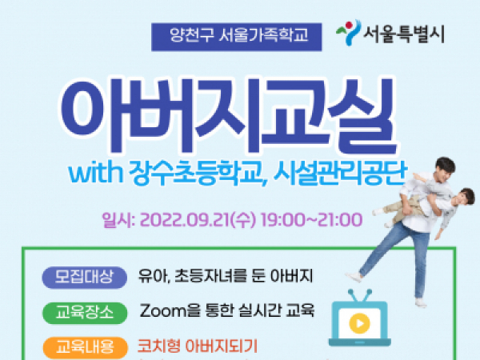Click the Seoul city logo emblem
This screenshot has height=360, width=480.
(348, 33)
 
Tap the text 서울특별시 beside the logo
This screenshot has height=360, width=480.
(404, 34)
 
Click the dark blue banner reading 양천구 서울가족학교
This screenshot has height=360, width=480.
(236, 37)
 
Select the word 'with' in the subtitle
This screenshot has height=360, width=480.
(95, 174)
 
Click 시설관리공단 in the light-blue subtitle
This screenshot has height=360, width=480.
(340, 174)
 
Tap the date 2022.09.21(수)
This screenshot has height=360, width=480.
(198, 220)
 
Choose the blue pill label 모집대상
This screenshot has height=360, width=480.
(84, 278)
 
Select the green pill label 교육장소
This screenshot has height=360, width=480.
(85, 313)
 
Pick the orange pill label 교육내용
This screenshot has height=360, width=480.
(85, 348)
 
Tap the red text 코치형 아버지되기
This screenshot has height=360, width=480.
(198, 346)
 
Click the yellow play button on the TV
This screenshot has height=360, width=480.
(359, 323)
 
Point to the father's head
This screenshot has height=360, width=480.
(443, 170)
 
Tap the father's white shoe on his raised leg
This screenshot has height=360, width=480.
(354, 277)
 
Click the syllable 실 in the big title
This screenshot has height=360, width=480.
(364, 116)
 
